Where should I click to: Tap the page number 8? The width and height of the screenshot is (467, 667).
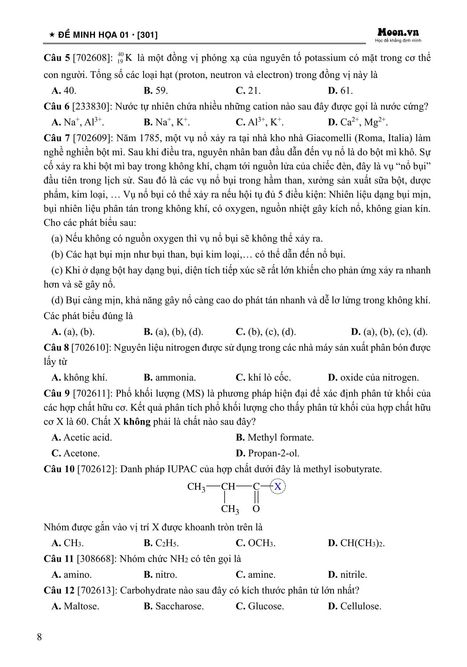click(x=39, y=637)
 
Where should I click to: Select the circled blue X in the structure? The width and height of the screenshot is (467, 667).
click(x=278, y=486)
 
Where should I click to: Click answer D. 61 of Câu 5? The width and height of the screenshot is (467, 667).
click(x=340, y=91)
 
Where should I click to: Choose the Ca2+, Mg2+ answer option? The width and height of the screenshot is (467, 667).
click(x=358, y=122)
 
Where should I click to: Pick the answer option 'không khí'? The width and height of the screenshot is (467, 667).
click(x=80, y=377)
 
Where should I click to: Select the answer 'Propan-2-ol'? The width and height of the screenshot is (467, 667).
click(x=268, y=453)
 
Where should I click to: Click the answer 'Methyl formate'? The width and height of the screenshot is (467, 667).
click(x=275, y=437)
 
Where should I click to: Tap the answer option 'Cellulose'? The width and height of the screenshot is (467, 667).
click(x=355, y=606)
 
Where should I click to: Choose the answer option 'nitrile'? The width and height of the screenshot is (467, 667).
click(x=348, y=574)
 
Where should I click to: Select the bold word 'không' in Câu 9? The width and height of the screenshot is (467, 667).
click(x=137, y=422)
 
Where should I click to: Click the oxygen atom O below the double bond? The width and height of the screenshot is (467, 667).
click(x=256, y=509)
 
